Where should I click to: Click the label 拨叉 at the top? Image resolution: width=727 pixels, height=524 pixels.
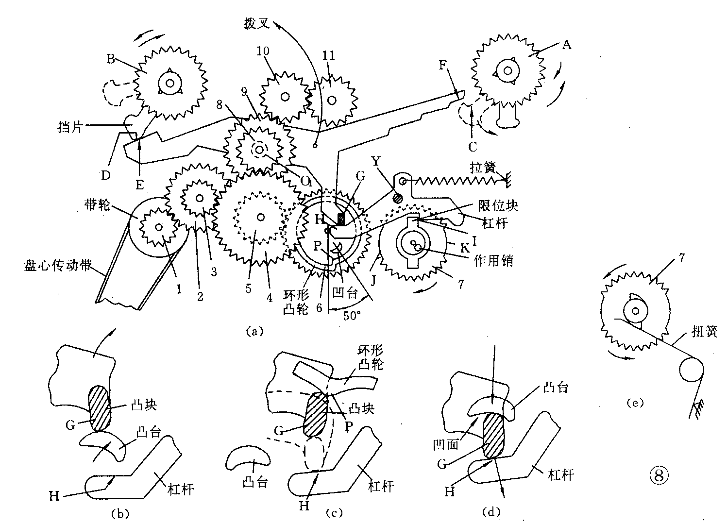pyautogui.click(x=254, y=23)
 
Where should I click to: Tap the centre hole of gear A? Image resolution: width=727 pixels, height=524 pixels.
pyautogui.click(x=508, y=70)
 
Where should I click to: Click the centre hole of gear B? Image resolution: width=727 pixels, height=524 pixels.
pyautogui.click(x=170, y=83)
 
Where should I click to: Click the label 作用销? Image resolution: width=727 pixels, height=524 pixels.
pyautogui.click(x=493, y=260)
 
